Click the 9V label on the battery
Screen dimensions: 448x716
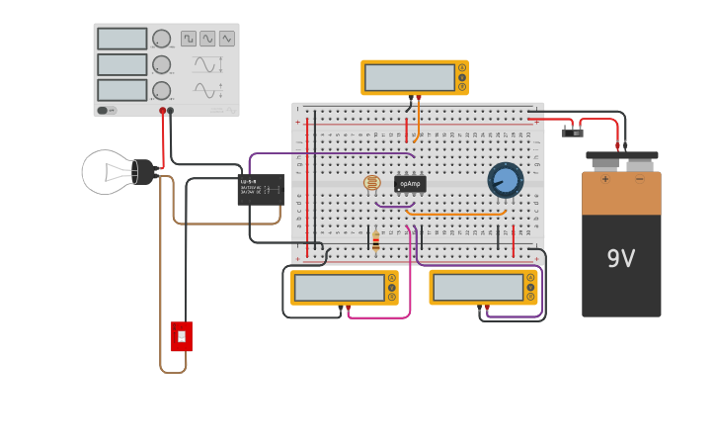pos(620,259)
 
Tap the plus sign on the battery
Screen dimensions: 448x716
pos(604,179)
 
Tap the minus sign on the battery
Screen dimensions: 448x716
pos(639,179)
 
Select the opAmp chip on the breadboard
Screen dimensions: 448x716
pos(410,184)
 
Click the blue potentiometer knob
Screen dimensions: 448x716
pos(505,180)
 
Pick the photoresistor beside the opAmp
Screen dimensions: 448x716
pos(371,183)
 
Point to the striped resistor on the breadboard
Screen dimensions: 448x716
pos(375,240)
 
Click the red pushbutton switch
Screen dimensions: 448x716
pos(181,336)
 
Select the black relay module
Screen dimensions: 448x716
pos(261,189)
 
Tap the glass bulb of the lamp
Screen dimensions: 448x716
pos(105,172)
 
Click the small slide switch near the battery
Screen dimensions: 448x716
pos(572,132)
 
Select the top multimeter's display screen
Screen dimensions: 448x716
pos(409,77)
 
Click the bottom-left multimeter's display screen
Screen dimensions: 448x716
pos(339,288)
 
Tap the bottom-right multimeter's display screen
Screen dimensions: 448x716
pos(478,288)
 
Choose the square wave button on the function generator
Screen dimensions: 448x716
pos(188,39)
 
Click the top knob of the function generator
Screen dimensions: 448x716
pos(161,39)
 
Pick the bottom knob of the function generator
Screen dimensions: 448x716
pos(161,90)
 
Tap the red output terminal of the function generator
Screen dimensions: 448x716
pos(163,111)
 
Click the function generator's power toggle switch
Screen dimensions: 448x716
pos(104,110)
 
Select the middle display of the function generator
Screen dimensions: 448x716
pos(121,64)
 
